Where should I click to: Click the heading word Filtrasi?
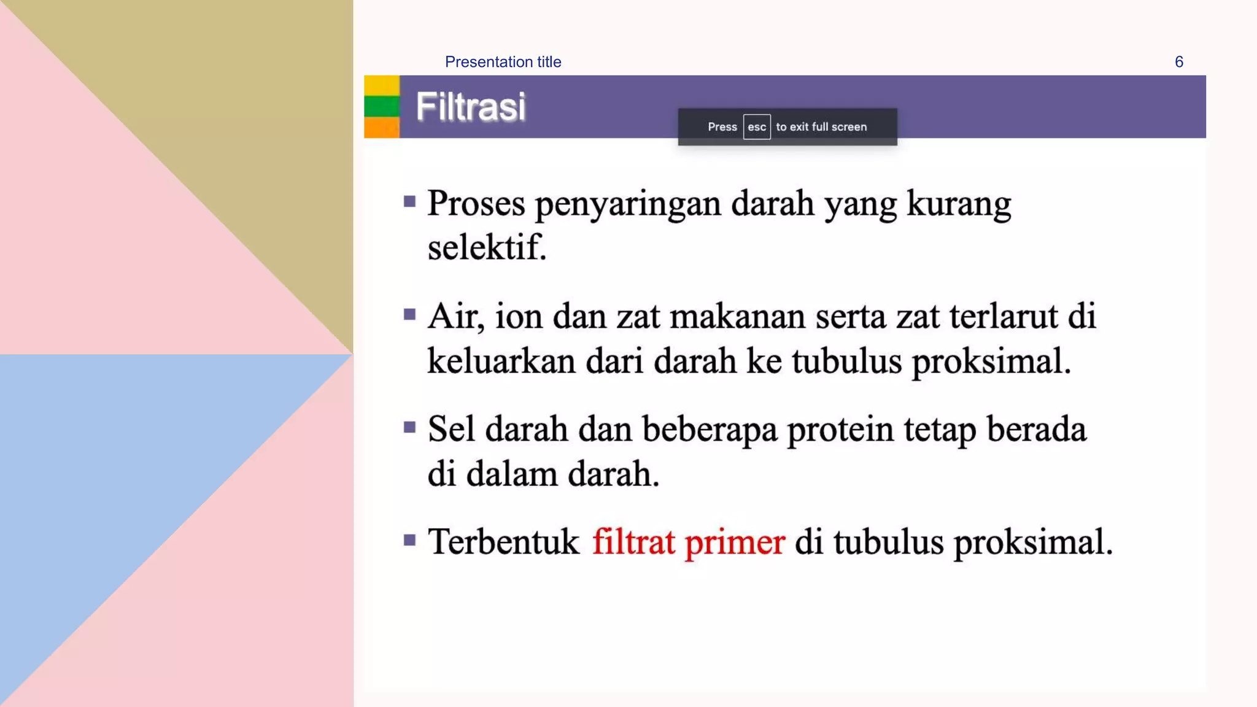coord(471,107)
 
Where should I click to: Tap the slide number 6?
coord(1178,62)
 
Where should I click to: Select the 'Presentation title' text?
coord(503,62)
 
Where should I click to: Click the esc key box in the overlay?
coord(756,127)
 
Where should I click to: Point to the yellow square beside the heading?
coord(382,85)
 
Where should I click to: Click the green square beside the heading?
coord(382,106)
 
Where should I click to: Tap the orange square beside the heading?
coord(382,127)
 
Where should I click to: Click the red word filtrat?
coord(633,542)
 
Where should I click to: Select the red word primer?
coord(735,543)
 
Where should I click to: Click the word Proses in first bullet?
coord(476,203)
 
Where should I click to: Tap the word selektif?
coord(487,247)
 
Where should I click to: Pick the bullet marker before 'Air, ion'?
coord(410,315)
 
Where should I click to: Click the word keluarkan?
coord(501,361)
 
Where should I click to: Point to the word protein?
coord(840,430)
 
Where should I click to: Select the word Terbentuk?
coord(503,542)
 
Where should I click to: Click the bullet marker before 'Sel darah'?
coord(410,427)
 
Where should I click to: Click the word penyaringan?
coord(628,204)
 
